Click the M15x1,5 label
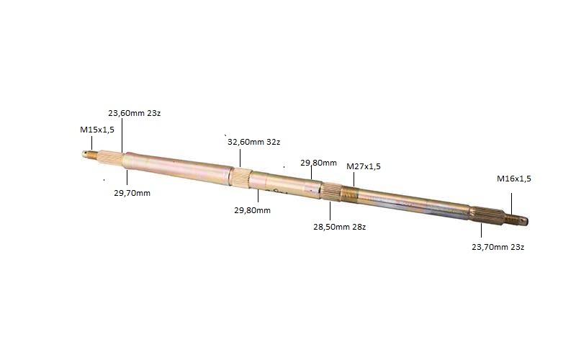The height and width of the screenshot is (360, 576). [x=97, y=130]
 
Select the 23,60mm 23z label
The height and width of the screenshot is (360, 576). [x=134, y=113]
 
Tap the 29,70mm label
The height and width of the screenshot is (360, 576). [x=132, y=193]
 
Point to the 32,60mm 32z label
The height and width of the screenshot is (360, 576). [x=254, y=142]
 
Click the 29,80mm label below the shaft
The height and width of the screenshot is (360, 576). [x=253, y=210]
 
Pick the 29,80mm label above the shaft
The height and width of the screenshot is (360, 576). [x=318, y=163]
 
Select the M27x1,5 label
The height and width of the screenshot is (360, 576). [x=364, y=166]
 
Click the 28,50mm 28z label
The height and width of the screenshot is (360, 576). [x=339, y=227]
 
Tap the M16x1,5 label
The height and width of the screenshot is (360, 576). [x=514, y=179]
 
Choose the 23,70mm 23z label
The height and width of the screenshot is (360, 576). [x=498, y=247]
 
